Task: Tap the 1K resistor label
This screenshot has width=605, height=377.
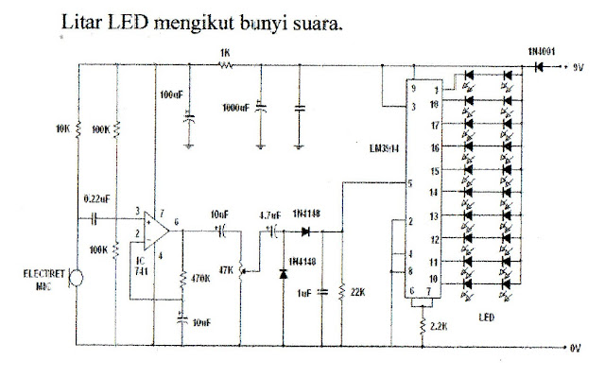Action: tap(224, 53)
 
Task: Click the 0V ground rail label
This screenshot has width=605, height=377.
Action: tap(576, 348)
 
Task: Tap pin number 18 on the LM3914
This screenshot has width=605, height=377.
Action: tap(434, 105)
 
